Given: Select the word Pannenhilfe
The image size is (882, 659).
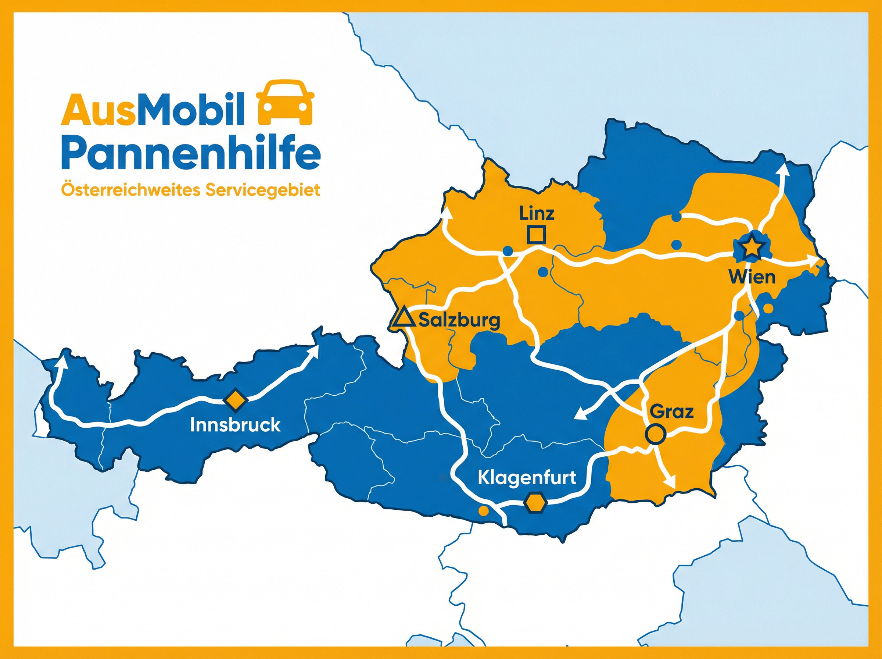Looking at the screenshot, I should point(191,154).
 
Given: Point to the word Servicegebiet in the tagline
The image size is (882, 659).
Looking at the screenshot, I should point(263,190).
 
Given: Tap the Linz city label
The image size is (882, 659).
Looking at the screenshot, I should point(537,214).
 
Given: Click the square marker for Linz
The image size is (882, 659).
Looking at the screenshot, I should point(536,235).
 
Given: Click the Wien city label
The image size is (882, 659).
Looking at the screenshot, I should point(752,277).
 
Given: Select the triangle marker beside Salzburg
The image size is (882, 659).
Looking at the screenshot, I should point(403,317).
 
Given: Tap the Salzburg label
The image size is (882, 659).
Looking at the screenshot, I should point(459,320).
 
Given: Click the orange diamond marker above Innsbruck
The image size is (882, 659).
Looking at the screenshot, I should point(235,399).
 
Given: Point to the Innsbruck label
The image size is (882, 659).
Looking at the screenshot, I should point(235,425).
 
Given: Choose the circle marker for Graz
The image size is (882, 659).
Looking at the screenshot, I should point(656,434).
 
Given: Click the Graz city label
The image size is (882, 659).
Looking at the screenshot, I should point(672,412).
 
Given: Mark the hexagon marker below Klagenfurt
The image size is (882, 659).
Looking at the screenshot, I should point(535,502).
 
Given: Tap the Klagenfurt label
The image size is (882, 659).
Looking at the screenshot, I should point(527,477).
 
